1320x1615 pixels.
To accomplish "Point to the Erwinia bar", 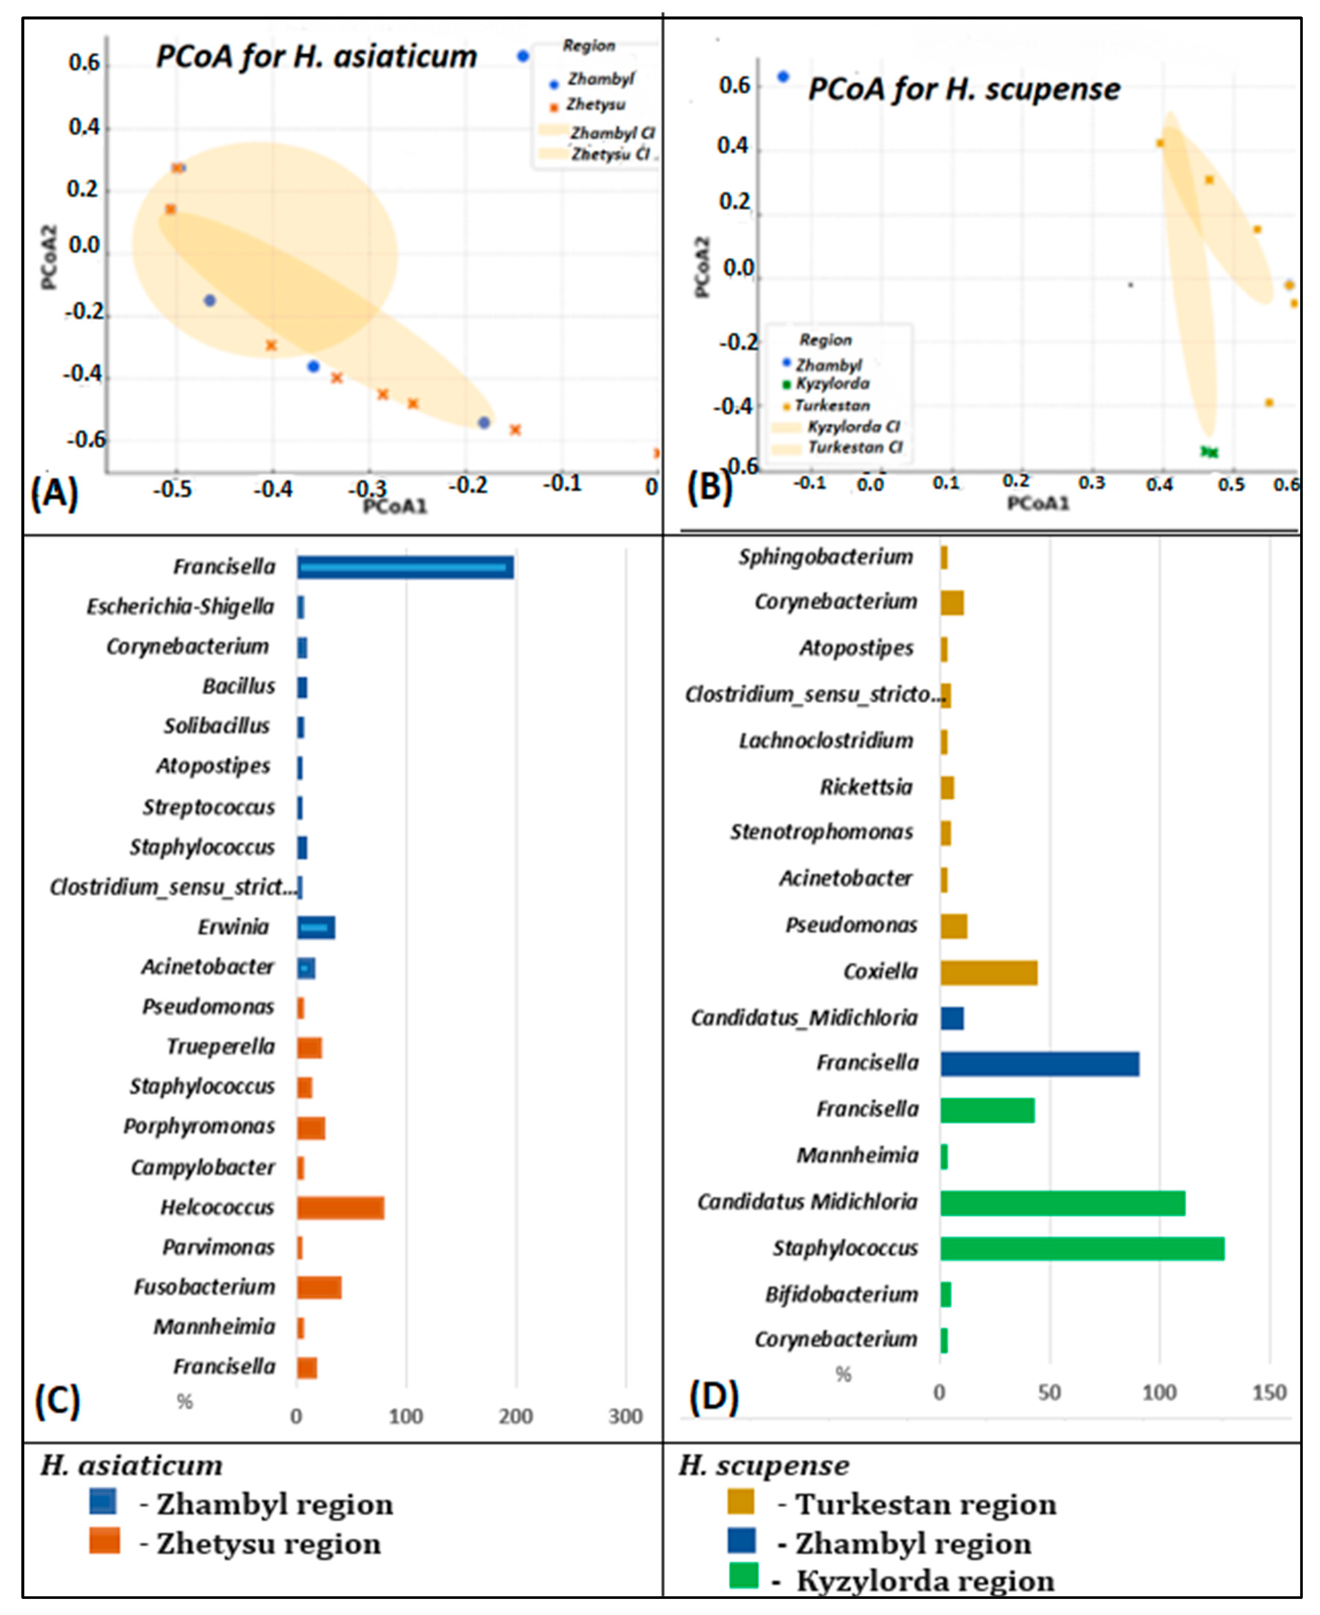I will click(316, 927).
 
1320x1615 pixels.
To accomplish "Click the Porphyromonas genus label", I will click(199, 1126).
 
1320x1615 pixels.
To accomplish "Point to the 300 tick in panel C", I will click(625, 1416).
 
